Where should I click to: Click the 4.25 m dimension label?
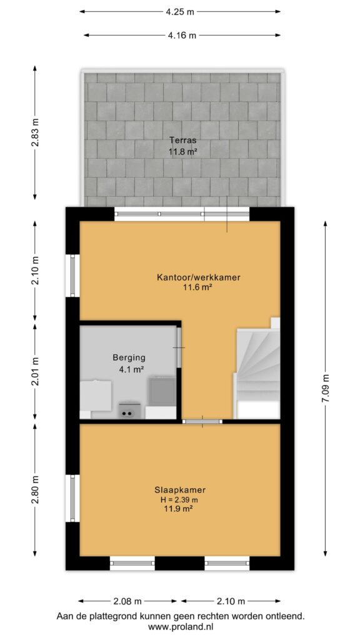coord(180,11)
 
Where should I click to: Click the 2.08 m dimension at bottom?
coord(127,601)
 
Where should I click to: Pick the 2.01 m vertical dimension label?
coord(36,371)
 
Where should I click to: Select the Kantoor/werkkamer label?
coord(199,277)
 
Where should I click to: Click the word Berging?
coord(129,358)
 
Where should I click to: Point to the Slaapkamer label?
coord(179,489)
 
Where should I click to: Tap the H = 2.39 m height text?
coord(179,499)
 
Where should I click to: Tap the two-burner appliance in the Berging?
coord(127,411)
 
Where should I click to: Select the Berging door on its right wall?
coord(179,347)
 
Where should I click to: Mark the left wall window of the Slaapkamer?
coord(72,498)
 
